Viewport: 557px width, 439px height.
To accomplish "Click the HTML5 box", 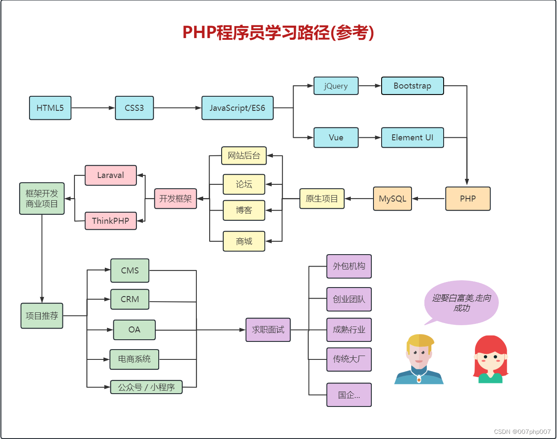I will [50, 108].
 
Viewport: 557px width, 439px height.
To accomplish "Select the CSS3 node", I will [134, 108].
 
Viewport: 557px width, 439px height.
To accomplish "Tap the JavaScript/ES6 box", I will [237, 108].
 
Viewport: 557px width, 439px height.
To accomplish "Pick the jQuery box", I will [336, 86].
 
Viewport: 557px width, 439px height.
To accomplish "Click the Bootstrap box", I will [412, 86].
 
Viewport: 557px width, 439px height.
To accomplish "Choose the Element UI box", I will [412, 137].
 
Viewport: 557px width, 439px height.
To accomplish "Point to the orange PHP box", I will [468, 199].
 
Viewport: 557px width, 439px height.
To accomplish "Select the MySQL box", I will [392, 199].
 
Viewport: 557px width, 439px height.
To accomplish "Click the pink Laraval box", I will [110, 175].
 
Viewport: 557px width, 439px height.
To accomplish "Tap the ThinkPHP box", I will [110, 221].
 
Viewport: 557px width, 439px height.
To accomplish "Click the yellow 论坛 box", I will [244, 184].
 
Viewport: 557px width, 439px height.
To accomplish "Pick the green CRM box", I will [130, 299].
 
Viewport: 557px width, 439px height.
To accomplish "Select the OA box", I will [134, 330].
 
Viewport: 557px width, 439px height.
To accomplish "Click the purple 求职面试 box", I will [268, 330].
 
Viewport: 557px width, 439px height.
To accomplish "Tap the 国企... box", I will [349, 395].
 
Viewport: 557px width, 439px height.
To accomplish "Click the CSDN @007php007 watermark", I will [522, 432].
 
